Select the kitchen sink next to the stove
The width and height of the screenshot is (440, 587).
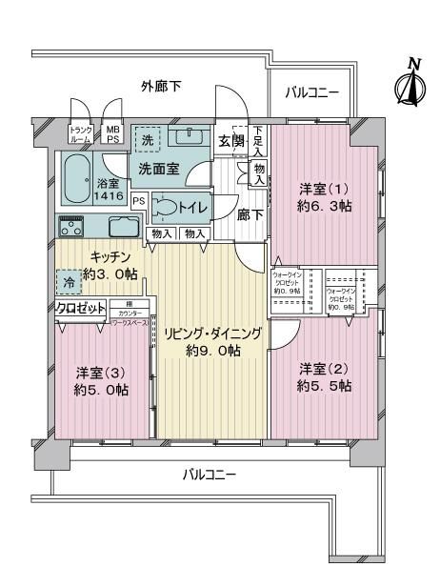coord(125,228)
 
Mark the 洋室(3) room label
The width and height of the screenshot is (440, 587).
coord(95,380)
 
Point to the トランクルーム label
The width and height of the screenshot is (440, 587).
coord(80,132)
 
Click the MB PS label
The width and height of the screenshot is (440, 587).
coord(113,132)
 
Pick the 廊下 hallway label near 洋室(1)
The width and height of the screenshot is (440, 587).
coord(250,214)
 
